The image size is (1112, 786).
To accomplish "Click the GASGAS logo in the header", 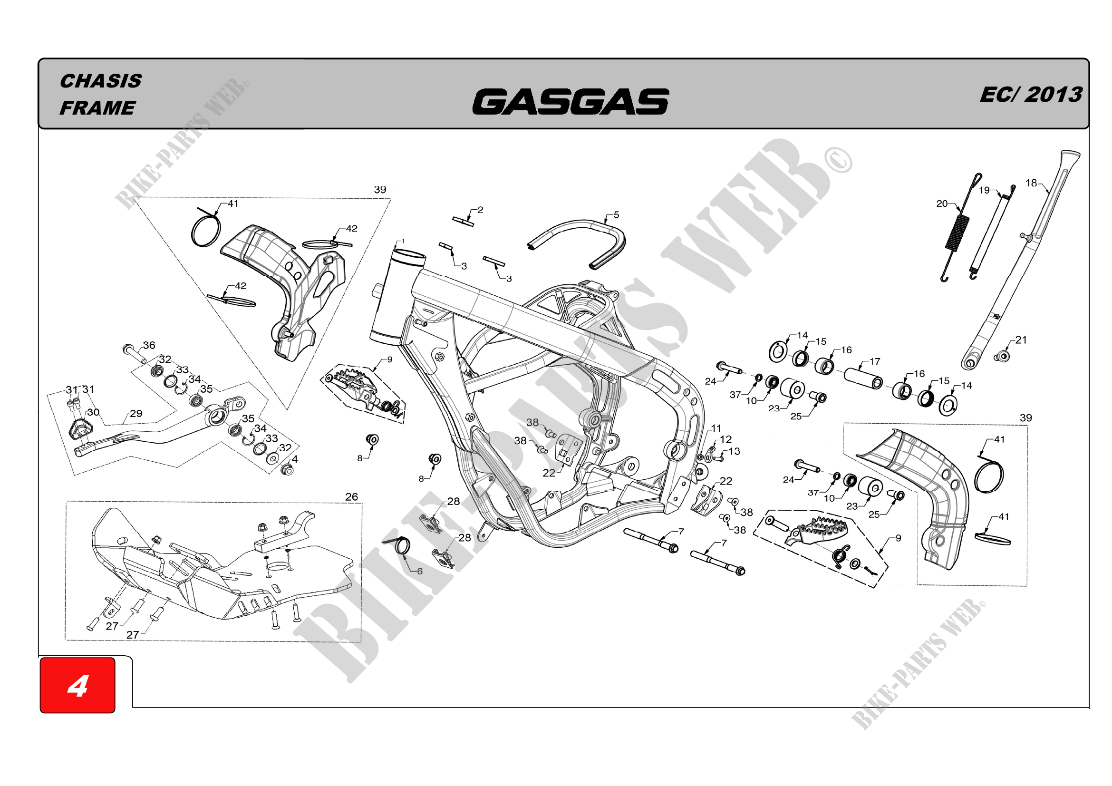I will coord(570,102).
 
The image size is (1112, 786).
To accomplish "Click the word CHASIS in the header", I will coord(101,81).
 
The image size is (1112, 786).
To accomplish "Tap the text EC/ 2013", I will coord(1031,95).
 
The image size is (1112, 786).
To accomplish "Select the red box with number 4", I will coord(77,685).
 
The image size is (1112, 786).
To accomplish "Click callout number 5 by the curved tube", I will coord(616,214).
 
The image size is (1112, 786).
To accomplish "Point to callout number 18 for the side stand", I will coord(1031,183).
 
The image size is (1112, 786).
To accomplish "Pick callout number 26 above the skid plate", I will coord(352,497).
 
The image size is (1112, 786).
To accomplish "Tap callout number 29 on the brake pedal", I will coord(136,414).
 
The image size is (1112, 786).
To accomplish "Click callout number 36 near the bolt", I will coord(149,345).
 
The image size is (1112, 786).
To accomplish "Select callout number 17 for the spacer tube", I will coord(875,362).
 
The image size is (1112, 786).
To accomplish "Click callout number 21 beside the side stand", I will coord(1021,340).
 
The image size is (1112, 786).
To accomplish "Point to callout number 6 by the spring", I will coord(420,572).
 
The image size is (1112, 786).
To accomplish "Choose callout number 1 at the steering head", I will coord(403,241).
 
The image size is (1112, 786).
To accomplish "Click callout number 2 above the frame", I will coord(480,210).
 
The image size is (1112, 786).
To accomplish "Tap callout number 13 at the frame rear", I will coord(734,451).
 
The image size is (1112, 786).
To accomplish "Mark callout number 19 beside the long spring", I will coord(984,190).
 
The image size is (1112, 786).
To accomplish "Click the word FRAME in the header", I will coord(97,107).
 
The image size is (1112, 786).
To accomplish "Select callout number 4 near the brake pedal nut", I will coord(295,459).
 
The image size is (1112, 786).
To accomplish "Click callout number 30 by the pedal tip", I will coord(93,412).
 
